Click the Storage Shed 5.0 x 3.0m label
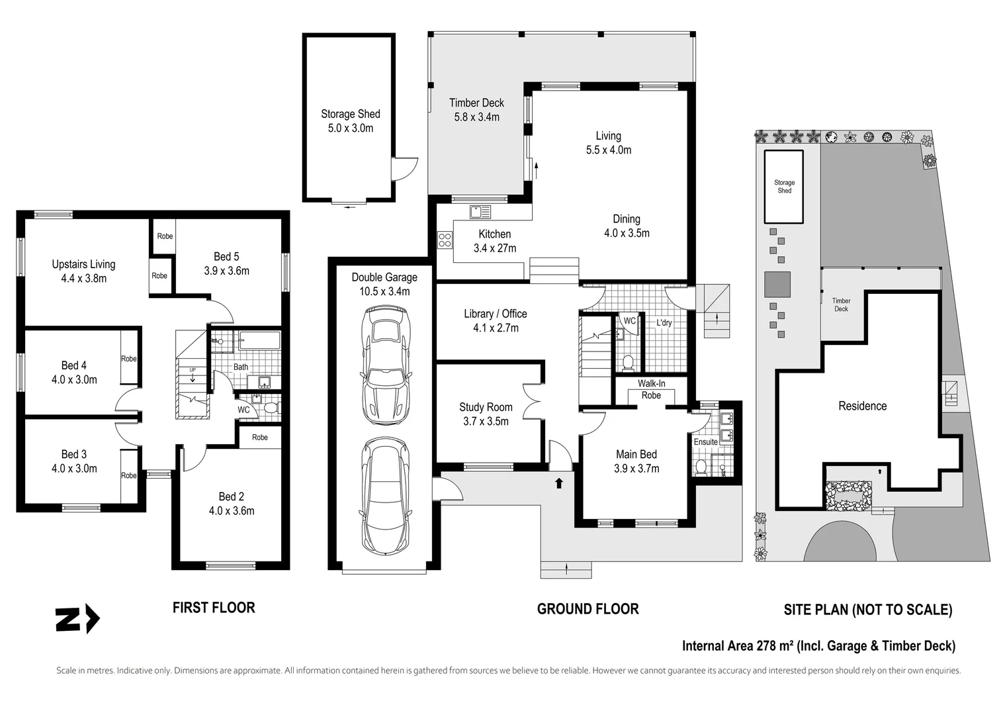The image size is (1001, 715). click(350, 121)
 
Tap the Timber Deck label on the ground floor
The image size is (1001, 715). click(476, 110)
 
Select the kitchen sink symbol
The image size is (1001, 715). click(480, 212)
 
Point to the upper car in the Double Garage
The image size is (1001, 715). click(386, 365)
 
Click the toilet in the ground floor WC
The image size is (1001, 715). click(628, 362)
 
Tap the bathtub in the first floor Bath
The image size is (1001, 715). click(259, 342)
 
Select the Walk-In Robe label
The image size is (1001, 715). click(651, 389)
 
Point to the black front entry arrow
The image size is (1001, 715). click(559, 483)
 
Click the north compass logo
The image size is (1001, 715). click(77, 620)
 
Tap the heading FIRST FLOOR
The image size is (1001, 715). click(214, 607)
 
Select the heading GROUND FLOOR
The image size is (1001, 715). click(588, 608)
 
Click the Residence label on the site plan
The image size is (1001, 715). click(862, 406)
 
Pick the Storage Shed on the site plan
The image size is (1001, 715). click(784, 186)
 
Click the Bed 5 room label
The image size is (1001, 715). click(226, 263)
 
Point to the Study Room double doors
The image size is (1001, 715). click(532, 402)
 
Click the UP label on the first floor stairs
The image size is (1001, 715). click(193, 370)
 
